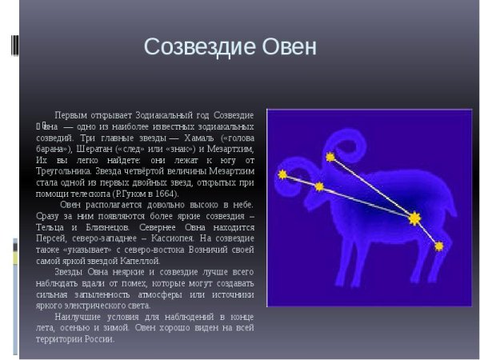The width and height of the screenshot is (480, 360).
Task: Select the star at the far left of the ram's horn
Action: point(282,174)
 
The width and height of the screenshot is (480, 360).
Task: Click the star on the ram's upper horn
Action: point(330,156)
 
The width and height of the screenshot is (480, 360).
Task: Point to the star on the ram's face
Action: point(319,186)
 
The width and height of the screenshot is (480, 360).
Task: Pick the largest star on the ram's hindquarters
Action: point(414,218)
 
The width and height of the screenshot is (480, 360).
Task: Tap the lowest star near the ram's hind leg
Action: point(438,246)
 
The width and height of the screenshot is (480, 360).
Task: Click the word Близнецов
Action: point(98,226)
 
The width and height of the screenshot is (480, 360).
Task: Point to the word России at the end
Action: point(101,338)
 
